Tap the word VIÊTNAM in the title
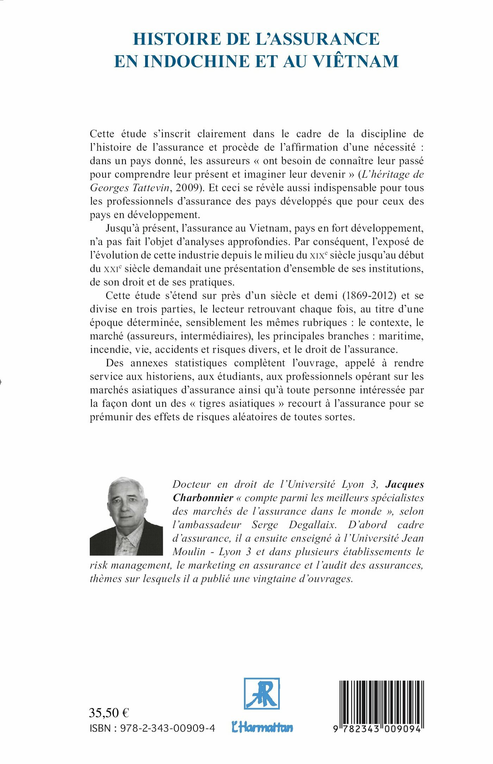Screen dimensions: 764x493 click(x=356, y=61)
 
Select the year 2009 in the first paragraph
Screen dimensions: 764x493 click(x=189, y=188)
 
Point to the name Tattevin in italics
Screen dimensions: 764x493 click(x=149, y=188)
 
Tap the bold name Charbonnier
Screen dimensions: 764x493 click(x=203, y=498)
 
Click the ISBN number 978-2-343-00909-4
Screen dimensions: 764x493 click(x=167, y=728)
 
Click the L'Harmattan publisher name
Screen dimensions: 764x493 click(x=262, y=727)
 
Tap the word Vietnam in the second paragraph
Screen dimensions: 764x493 click(x=268, y=228)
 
